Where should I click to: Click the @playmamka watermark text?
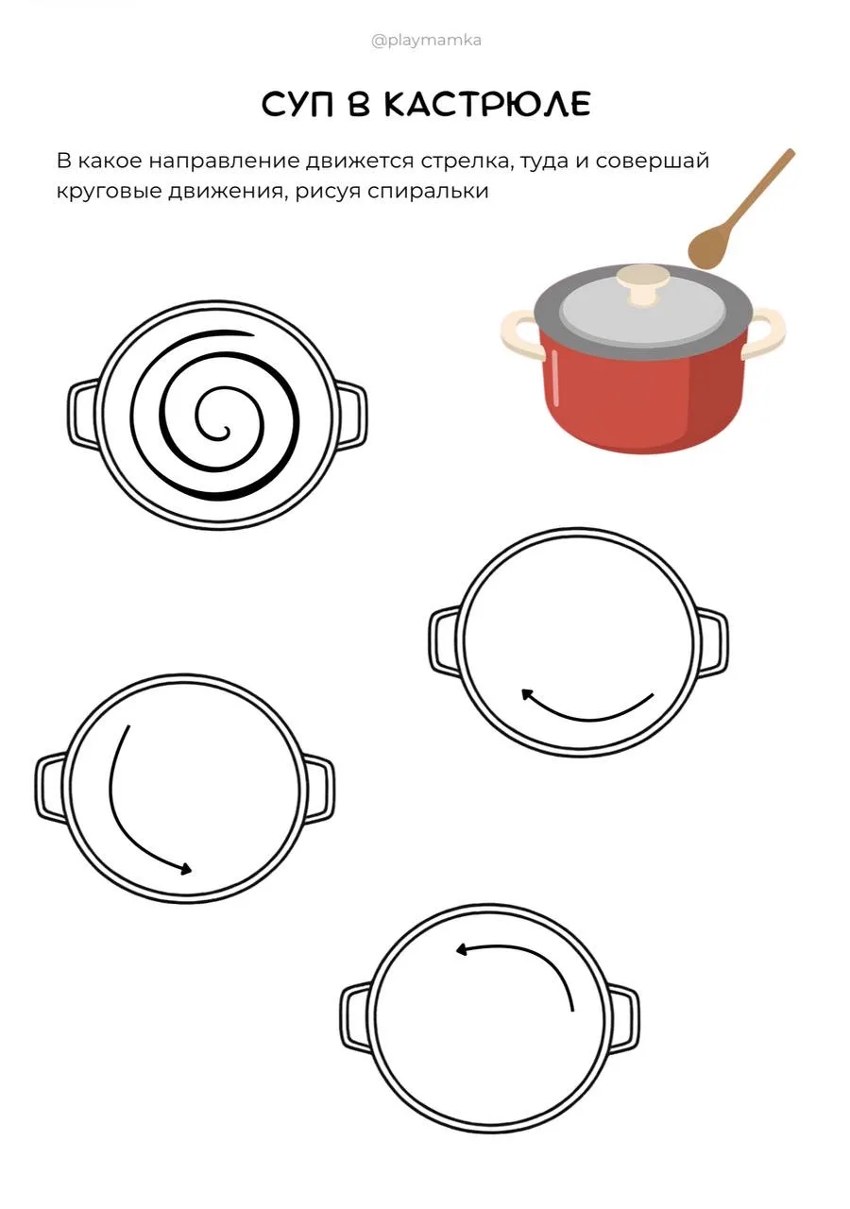(x=426, y=41)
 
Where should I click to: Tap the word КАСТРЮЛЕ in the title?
(x=487, y=104)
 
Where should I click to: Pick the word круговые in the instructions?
(x=108, y=192)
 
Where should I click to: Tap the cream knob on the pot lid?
(x=644, y=284)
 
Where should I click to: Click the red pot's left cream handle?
(x=520, y=333)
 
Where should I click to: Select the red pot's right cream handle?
(x=765, y=335)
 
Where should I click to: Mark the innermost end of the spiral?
(x=225, y=432)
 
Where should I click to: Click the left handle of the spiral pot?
(x=84, y=414)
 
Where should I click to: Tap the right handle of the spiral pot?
(x=350, y=414)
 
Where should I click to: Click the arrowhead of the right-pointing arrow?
(x=186, y=868)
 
